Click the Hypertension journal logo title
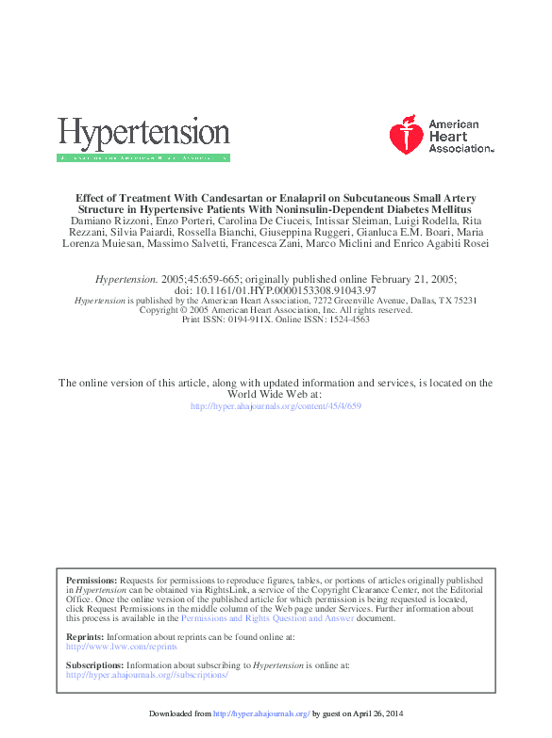[143, 133]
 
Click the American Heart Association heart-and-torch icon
[407, 136]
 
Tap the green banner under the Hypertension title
[143, 157]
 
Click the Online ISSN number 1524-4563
[346, 320]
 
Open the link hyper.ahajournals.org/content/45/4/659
[276, 406]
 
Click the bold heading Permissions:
[92, 581]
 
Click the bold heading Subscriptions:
[95, 665]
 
